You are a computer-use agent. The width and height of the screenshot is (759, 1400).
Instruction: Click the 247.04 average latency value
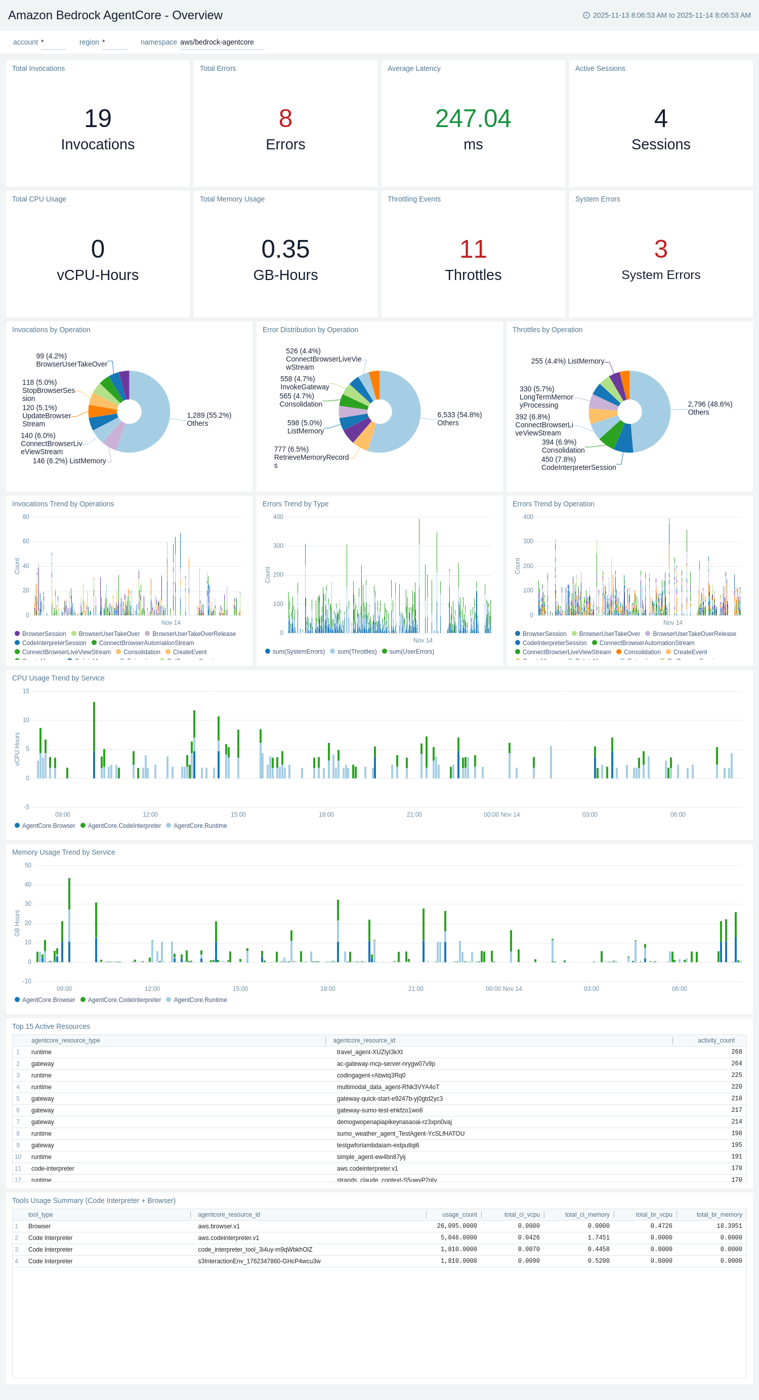(x=473, y=118)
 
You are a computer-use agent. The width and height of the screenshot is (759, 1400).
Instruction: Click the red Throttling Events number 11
(x=473, y=249)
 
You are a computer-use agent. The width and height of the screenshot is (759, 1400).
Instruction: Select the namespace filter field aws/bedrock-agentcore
(x=221, y=43)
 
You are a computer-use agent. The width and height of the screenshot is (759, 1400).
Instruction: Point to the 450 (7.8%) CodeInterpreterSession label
(x=578, y=463)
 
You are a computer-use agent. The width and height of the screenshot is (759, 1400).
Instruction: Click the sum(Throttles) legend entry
(x=356, y=652)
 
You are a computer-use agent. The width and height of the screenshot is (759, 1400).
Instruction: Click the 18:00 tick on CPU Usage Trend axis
(x=326, y=815)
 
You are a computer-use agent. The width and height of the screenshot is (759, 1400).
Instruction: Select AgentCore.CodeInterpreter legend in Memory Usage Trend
(x=124, y=1000)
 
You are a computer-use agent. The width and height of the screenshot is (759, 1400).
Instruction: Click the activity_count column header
(x=715, y=1040)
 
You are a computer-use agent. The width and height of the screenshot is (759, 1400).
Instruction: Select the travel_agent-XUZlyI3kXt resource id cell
(x=369, y=1052)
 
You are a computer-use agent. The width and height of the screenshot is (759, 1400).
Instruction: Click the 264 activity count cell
(x=736, y=1064)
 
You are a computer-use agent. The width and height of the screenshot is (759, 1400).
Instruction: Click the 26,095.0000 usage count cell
(x=456, y=1226)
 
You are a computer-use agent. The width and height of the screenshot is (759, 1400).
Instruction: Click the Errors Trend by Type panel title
(x=295, y=504)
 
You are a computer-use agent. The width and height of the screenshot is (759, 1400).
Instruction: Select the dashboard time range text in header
(x=671, y=15)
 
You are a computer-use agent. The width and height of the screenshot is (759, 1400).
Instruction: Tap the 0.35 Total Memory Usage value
(x=285, y=249)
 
